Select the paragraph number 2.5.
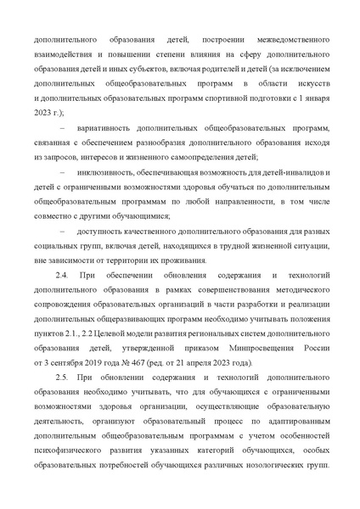click(61, 378)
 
